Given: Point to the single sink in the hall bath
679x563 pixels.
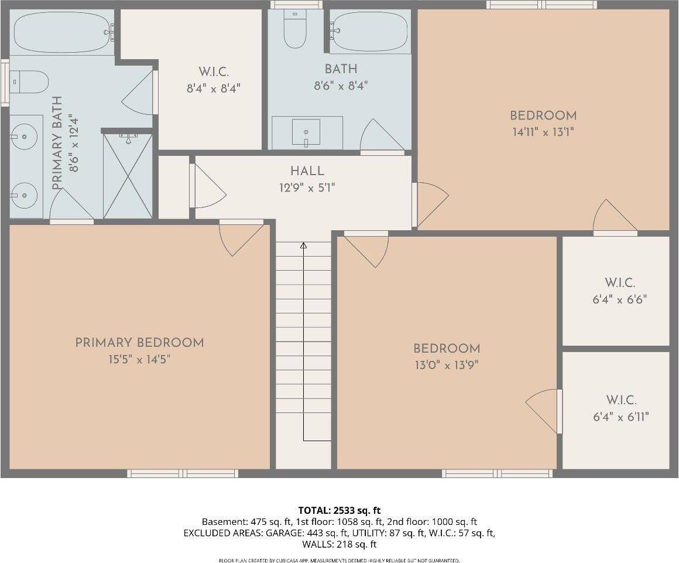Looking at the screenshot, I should click(306, 132).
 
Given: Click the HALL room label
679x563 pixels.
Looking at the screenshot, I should click(307, 172).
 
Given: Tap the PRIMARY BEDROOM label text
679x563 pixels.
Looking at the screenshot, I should click(139, 343).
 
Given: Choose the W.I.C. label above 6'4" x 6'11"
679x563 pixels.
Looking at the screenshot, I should click(621, 400).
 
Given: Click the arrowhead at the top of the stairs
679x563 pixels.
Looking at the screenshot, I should click(303, 245).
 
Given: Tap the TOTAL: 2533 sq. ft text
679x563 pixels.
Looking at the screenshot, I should click(339, 511).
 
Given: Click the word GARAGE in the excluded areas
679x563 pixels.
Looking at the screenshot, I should click(282, 533).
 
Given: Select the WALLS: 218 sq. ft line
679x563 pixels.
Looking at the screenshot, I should click(339, 544).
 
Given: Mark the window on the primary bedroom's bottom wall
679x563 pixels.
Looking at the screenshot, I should click(183, 473).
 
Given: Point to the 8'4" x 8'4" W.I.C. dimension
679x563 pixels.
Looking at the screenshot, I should click(214, 89).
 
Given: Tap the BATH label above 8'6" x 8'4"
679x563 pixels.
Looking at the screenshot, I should click(341, 70).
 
